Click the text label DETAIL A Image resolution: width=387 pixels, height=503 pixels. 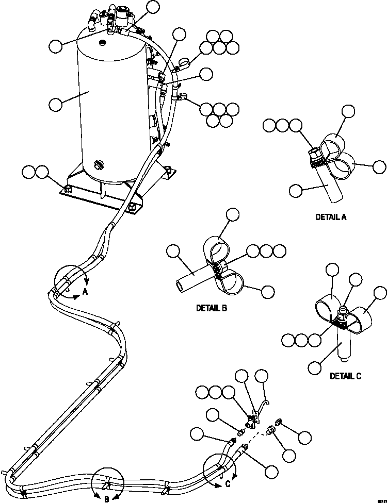[331, 217]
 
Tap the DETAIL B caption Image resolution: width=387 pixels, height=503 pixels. [212, 309]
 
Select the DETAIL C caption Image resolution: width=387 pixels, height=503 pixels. [345, 376]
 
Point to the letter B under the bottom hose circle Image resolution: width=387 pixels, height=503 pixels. [106, 498]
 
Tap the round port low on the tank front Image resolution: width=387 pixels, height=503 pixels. [98, 165]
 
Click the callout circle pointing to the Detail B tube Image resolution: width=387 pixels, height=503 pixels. [173, 251]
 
